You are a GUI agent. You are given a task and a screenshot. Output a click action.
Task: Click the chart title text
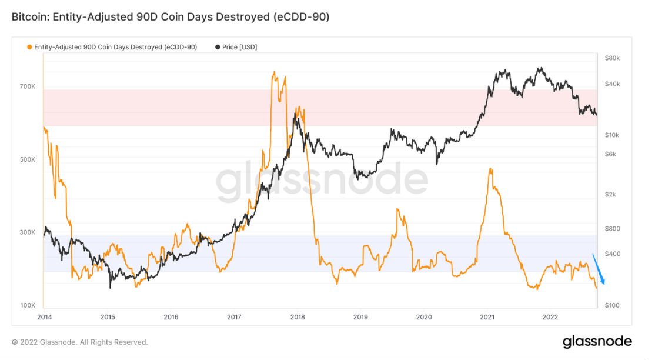(171, 17)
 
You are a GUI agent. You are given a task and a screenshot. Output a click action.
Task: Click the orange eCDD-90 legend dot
(29, 46)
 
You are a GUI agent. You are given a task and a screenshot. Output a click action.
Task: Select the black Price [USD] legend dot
(218, 46)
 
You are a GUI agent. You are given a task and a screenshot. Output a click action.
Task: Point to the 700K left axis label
(28, 86)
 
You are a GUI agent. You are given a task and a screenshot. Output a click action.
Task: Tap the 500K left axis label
(28, 159)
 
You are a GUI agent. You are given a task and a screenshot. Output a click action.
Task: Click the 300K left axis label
(28, 232)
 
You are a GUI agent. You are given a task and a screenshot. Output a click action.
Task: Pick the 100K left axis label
(28, 306)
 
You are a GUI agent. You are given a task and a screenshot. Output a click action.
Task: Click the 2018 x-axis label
(297, 317)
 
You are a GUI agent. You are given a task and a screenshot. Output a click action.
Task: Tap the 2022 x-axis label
(550, 317)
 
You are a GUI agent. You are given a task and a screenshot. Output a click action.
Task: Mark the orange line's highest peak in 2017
(274, 72)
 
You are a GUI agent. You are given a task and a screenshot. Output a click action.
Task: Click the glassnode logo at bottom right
(597, 341)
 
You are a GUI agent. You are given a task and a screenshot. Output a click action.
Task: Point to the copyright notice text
(80, 342)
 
